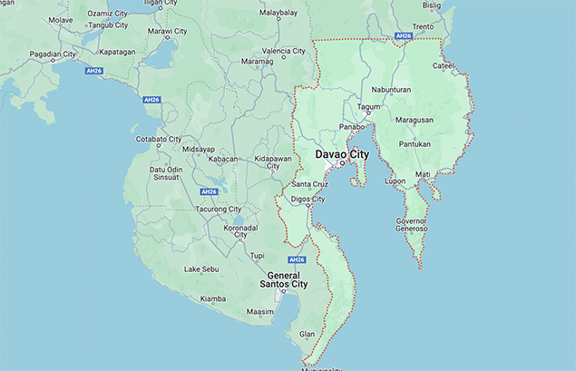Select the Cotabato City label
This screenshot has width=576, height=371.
coord(158,139)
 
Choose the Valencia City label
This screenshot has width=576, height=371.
coord(283,51)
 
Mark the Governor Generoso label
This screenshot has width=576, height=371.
coord(411,224)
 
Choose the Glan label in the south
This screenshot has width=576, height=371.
coord(307,334)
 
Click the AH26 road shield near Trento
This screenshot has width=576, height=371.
coord(404,36)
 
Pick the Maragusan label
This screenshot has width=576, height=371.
coord(414,120)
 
